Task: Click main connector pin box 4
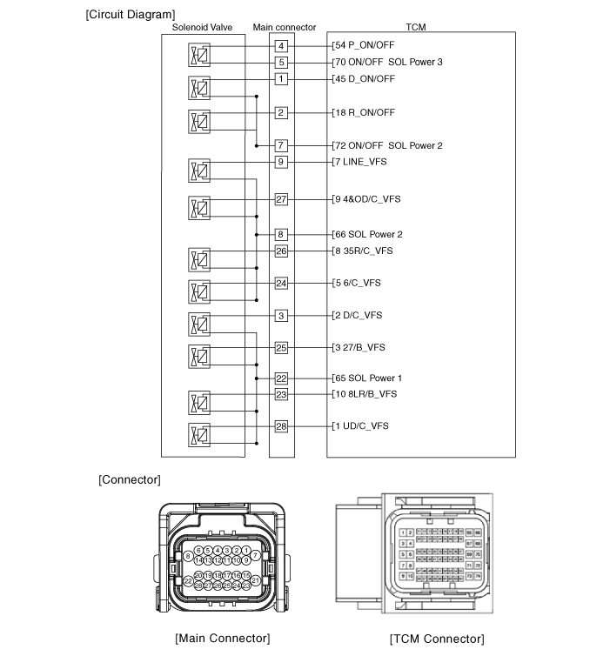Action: pyautogui.click(x=281, y=46)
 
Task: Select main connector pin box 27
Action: pyautogui.click(x=281, y=199)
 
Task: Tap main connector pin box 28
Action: pyautogui.click(x=281, y=426)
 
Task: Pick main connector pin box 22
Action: pyautogui.click(x=281, y=378)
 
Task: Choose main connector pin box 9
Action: pyautogui.click(x=281, y=162)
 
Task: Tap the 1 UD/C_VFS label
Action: pyautogui.click(x=362, y=426)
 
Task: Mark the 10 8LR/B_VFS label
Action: pyautogui.click(x=366, y=394)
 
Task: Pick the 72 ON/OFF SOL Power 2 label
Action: pyautogui.click(x=389, y=145)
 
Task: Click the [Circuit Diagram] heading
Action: pyautogui.click(x=131, y=15)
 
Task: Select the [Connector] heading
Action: pyautogui.click(x=130, y=479)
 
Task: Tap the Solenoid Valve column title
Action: pyautogui.click(x=203, y=28)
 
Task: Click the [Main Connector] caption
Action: pyautogui.click(x=222, y=639)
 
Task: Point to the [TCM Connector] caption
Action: pyautogui.click(x=437, y=639)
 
